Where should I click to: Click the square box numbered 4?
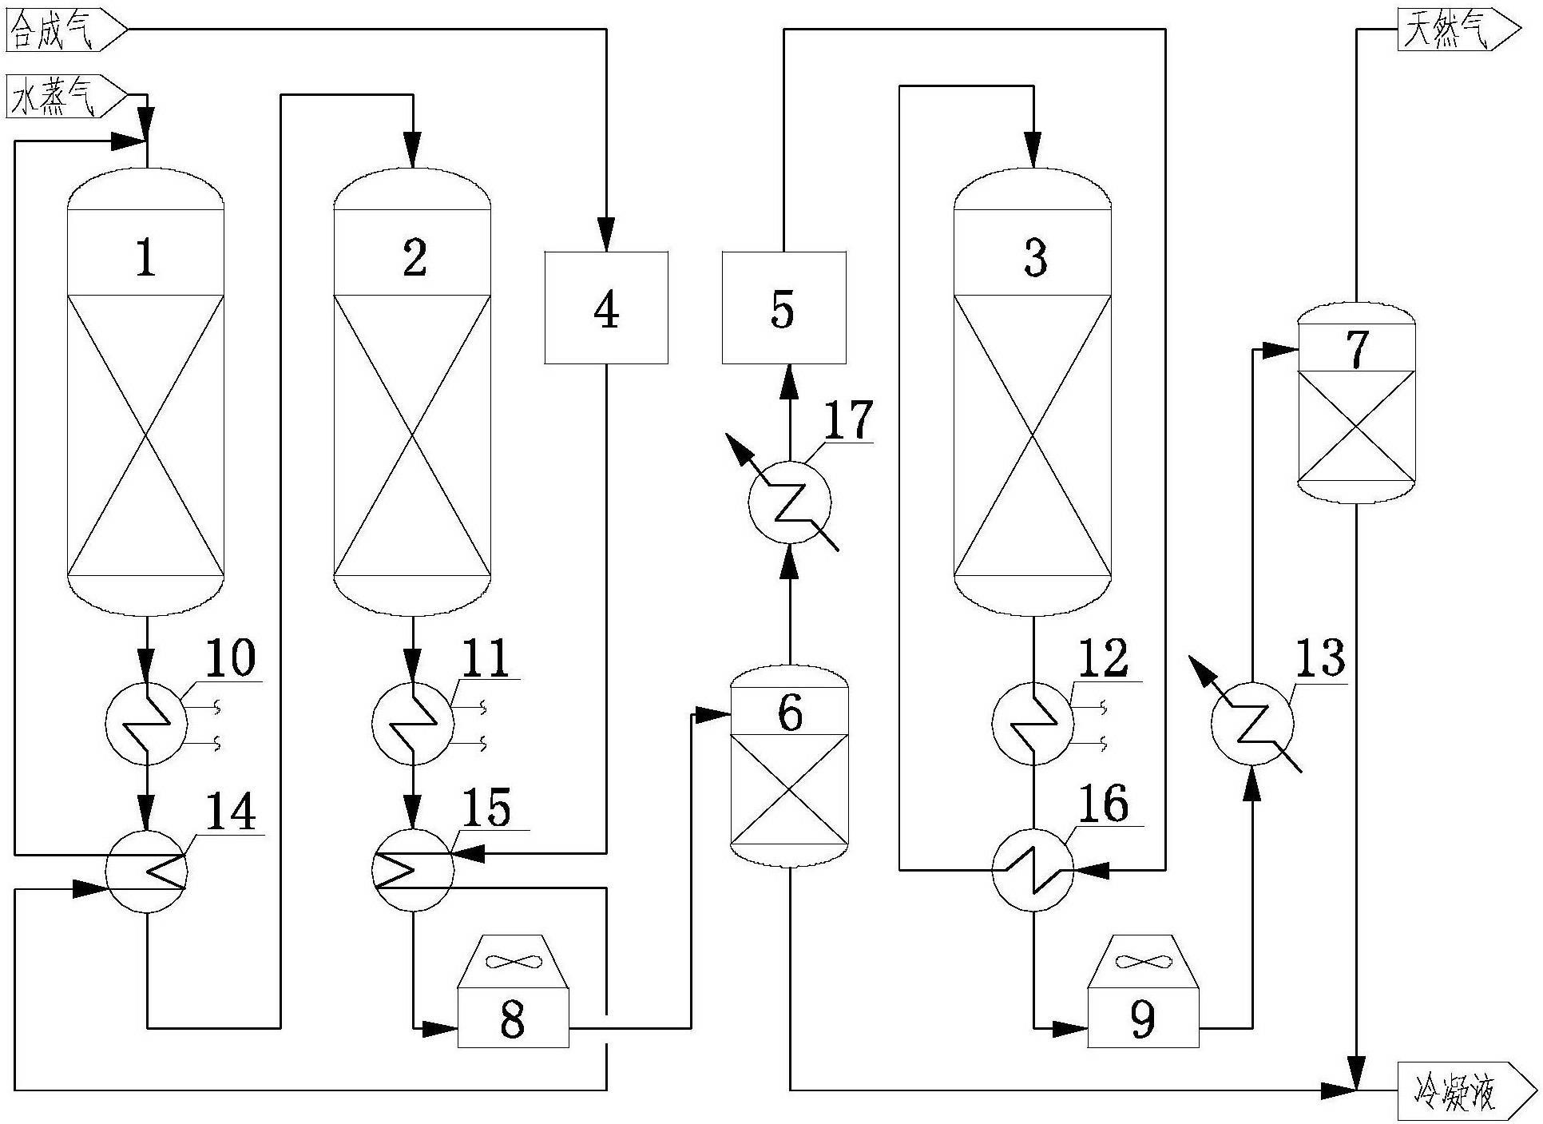[606, 308]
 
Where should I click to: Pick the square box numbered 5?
[783, 308]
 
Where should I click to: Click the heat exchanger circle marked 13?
[1251, 724]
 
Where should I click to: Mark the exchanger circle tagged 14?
[146, 870]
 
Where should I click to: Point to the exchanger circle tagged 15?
[412, 870]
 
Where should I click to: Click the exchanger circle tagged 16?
[1033, 870]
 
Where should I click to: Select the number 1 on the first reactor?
[145, 259]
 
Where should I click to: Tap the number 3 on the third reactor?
[1034, 259]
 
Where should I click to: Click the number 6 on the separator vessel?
[790, 713]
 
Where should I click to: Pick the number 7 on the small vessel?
[1357, 349]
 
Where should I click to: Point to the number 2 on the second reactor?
[414, 259]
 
